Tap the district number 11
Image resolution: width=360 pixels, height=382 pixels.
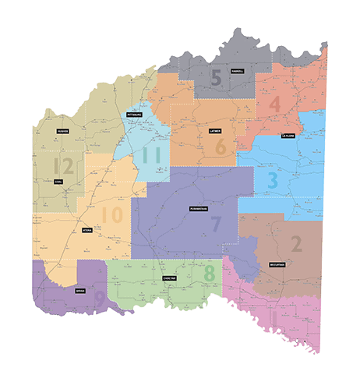click(x=150, y=154)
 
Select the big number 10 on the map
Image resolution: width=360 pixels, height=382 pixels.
click(x=112, y=214)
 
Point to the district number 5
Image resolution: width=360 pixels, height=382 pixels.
click(x=216, y=77)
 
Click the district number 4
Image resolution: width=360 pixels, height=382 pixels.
click(x=274, y=104)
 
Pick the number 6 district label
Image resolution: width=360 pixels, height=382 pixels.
click(x=221, y=146)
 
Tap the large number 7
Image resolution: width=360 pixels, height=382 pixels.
click(x=216, y=224)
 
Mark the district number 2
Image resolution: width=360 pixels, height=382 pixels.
click(x=295, y=244)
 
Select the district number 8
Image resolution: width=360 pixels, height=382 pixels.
click(x=209, y=274)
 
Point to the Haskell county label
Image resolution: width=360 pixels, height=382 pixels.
click(x=237, y=71)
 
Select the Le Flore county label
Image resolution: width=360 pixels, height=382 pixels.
click(x=288, y=135)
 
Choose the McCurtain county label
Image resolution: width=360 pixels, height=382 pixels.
click(x=278, y=264)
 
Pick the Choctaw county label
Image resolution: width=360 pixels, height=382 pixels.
click(x=170, y=278)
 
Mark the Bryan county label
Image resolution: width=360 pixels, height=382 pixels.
click(x=80, y=290)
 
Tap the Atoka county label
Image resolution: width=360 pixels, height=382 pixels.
click(x=86, y=231)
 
